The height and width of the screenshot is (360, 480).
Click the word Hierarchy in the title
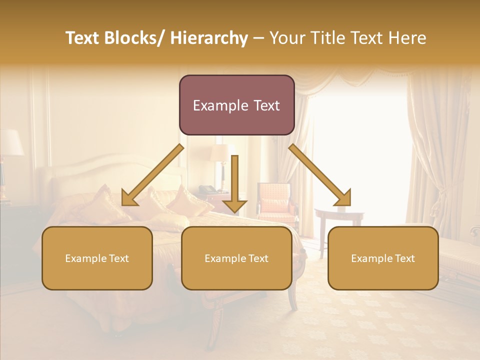(208, 38)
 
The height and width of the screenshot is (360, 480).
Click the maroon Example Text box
(236, 105)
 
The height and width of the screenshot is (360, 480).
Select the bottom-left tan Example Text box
(97, 258)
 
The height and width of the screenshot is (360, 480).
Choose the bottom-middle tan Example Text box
(236, 258)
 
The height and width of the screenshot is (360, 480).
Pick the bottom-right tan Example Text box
(383, 258)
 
